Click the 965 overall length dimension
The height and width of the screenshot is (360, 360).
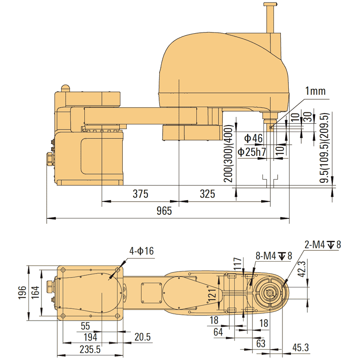(164, 211)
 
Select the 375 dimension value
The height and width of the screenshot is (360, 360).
(140, 194)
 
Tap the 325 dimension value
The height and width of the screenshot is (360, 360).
(207, 194)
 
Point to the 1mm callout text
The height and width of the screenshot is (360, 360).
(316, 92)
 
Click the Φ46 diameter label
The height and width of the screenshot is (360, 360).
(254, 139)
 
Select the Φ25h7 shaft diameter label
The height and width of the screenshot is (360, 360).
(252, 152)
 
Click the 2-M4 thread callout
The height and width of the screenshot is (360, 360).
(322, 244)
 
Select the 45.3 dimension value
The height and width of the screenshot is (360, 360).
(300, 348)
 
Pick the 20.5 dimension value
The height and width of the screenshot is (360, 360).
(142, 337)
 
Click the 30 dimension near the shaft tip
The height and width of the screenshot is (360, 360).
(308, 118)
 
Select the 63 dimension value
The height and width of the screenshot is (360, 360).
(260, 343)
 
